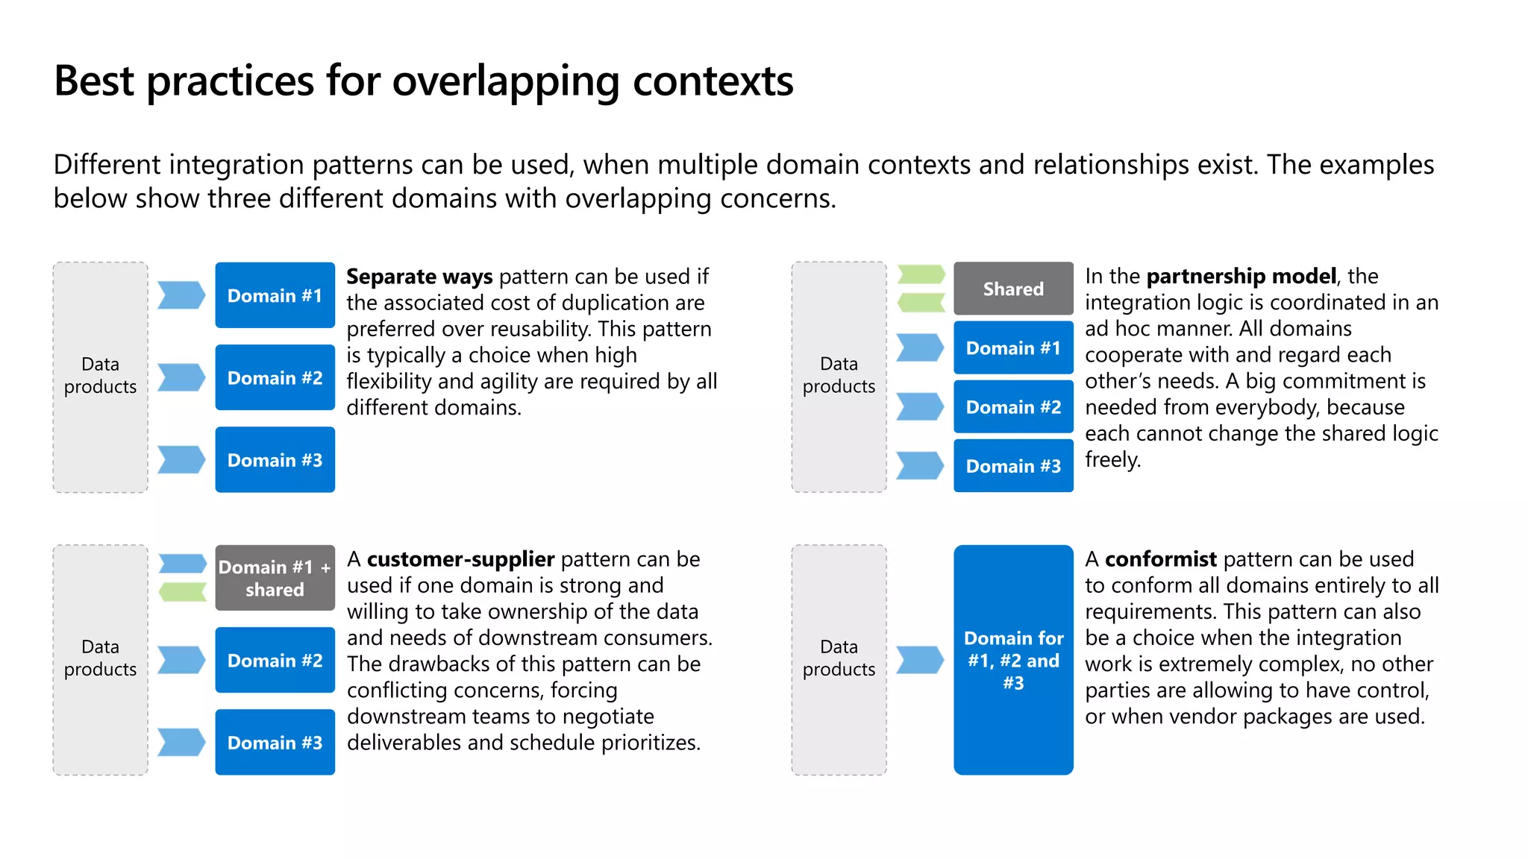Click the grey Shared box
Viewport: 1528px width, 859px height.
1012,289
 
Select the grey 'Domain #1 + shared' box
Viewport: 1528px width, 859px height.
275,578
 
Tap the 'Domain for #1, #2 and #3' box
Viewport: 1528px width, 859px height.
1012,660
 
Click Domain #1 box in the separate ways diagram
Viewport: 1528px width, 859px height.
275,295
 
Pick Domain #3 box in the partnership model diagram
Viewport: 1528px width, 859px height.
1012,466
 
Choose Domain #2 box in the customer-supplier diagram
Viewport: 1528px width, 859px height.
275,661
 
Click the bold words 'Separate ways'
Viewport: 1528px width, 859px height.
419,277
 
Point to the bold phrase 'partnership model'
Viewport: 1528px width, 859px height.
1241,277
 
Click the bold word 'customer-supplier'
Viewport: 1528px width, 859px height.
460,559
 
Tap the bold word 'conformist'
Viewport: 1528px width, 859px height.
1160,559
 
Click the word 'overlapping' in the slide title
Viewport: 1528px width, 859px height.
506,82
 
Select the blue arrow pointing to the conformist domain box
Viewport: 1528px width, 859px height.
919,660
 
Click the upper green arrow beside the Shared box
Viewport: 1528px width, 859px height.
921,274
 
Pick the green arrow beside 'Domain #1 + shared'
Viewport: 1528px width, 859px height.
182,592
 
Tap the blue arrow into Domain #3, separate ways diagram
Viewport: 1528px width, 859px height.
181,459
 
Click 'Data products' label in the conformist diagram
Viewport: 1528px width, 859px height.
839,658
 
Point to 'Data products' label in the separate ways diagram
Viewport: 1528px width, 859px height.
100,375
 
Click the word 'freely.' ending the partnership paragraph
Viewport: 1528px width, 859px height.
1112,459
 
